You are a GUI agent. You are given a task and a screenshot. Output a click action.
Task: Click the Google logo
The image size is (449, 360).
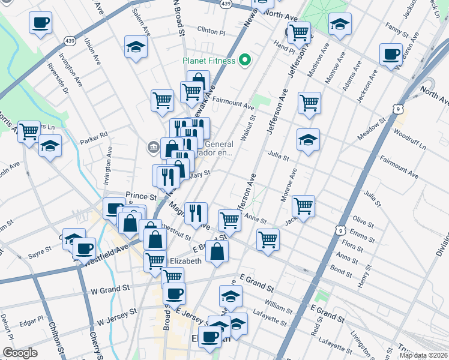20,353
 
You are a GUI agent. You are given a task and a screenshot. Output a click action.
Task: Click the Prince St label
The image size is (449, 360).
140,196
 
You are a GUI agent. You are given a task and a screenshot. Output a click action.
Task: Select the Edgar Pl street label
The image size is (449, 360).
32,319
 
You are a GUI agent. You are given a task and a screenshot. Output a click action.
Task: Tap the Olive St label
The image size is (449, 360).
363,222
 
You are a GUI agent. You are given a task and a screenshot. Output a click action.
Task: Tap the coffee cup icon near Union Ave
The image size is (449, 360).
40,23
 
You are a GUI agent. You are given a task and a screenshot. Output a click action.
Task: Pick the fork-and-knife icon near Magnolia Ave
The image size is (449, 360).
196,212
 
